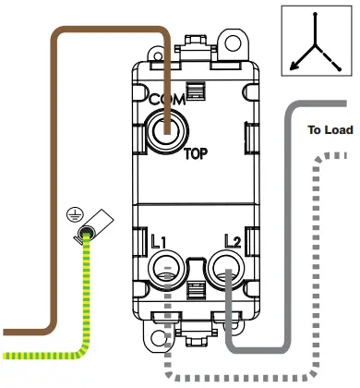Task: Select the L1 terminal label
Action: (157, 242)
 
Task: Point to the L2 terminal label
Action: (231, 242)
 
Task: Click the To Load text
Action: (330, 130)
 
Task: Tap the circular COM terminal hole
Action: (167, 132)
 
